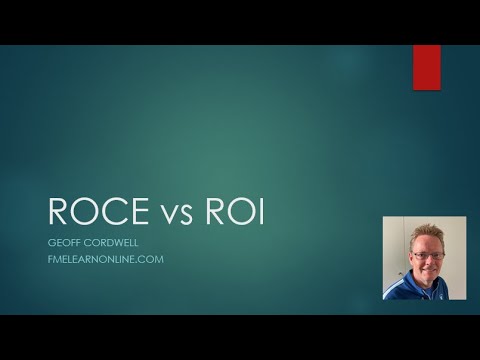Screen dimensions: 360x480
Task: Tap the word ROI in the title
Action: tap(233, 212)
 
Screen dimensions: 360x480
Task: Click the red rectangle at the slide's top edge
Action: tap(427, 67)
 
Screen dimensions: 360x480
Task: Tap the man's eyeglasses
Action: tap(427, 256)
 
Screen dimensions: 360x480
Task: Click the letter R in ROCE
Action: tap(59, 212)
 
